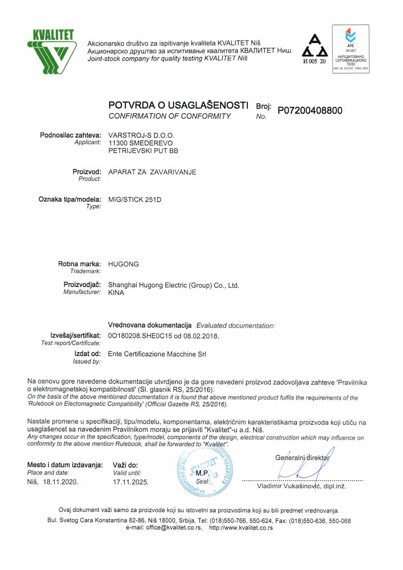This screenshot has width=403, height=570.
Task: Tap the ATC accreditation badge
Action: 350,49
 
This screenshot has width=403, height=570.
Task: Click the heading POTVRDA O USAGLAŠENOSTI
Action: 178,106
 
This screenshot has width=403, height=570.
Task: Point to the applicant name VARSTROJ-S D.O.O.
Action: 141,135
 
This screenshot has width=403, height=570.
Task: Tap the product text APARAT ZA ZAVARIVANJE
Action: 152,172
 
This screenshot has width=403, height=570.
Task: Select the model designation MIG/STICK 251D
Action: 135,199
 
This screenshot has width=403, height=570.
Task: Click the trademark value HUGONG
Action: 123,264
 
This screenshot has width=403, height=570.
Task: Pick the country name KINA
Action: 116,293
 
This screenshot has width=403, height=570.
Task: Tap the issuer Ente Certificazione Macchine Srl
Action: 157,354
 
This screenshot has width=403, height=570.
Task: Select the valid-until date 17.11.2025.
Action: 131,482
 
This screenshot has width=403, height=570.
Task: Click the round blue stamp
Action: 205,472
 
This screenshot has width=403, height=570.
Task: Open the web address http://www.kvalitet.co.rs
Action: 241,528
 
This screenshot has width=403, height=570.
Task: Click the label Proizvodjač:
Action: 82,285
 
